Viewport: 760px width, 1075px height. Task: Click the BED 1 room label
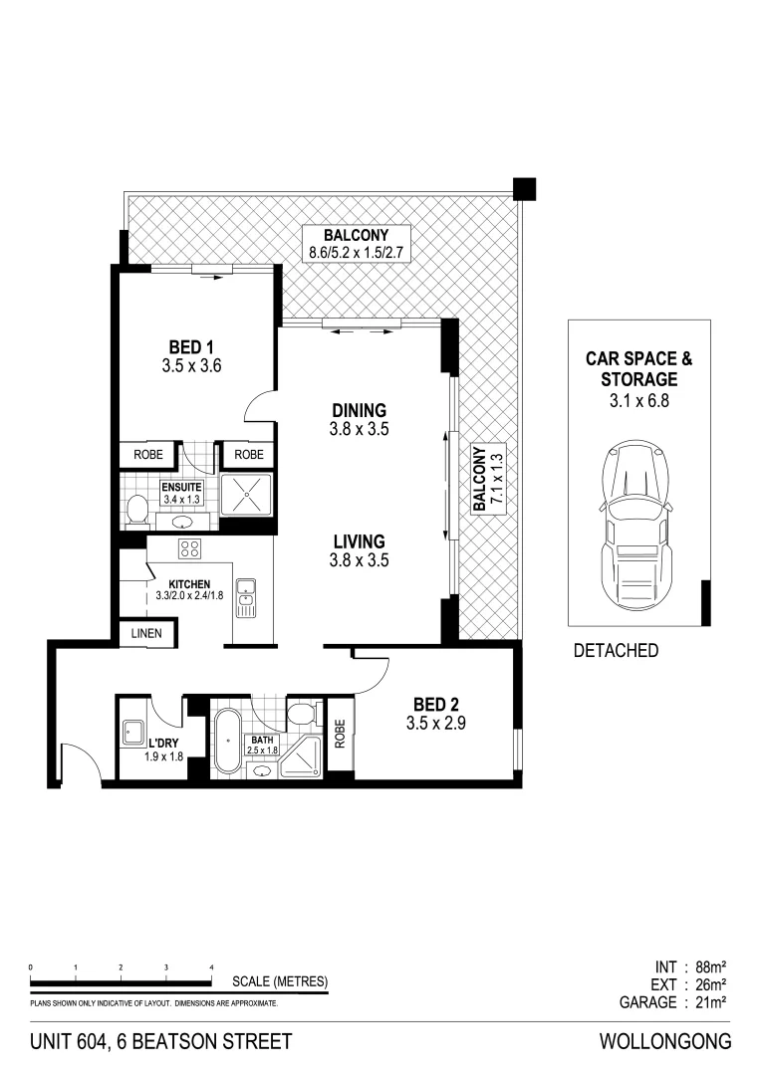(x=190, y=347)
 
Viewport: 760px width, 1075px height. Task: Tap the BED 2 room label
(x=435, y=706)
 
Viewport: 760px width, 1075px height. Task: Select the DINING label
(x=359, y=410)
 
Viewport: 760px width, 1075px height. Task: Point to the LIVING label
(x=359, y=541)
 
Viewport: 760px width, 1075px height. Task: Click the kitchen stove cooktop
(x=190, y=547)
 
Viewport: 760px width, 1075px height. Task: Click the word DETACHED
(x=617, y=651)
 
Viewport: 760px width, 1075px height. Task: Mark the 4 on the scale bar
(x=211, y=967)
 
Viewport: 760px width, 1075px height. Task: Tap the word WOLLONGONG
(x=665, y=1042)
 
